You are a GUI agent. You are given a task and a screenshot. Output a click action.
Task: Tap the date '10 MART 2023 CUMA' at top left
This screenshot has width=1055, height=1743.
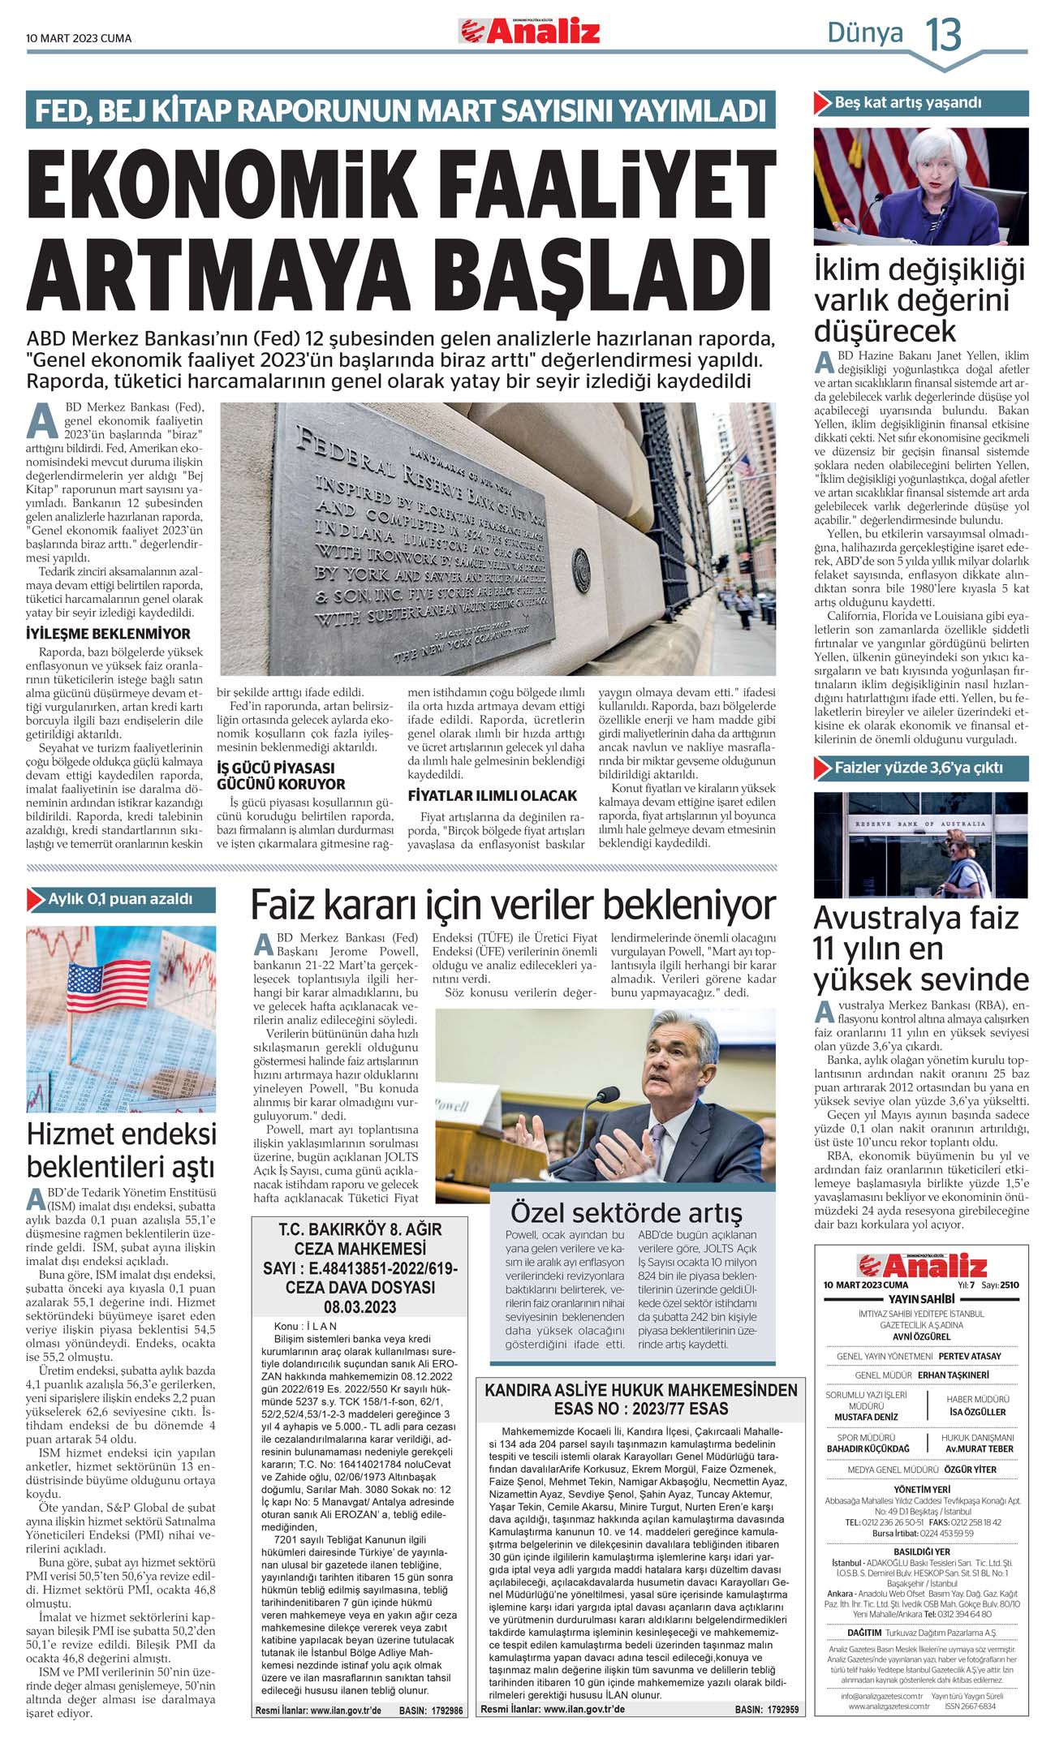pyautogui.click(x=79, y=38)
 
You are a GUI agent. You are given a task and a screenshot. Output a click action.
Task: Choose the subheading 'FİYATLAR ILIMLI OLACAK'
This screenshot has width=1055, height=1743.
pyautogui.click(x=492, y=795)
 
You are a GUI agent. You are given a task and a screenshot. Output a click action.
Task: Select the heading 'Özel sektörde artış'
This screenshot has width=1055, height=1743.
pyautogui.click(x=626, y=1212)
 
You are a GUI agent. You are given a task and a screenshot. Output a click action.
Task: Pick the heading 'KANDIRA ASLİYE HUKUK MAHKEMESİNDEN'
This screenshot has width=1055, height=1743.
pyautogui.click(x=641, y=1390)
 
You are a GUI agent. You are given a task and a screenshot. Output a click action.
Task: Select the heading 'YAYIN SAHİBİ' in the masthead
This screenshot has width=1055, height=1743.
pyautogui.click(x=921, y=1299)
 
